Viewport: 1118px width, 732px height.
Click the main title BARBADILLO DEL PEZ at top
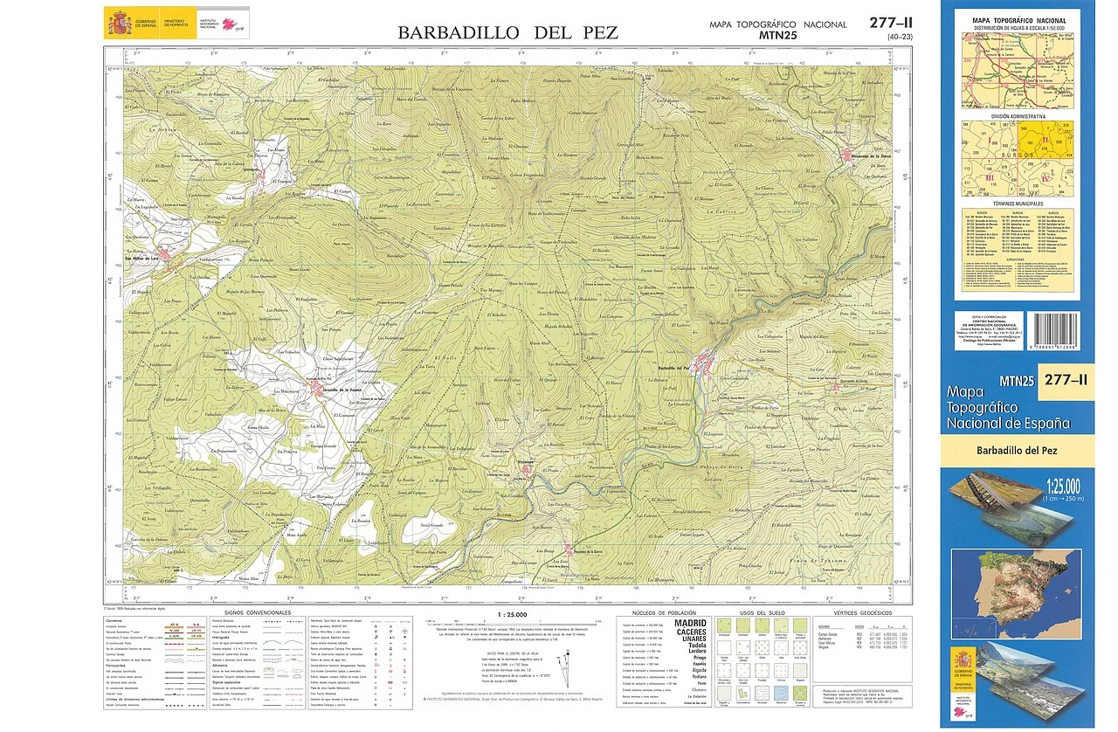[507, 33]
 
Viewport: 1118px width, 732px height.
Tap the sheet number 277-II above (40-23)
[892, 24]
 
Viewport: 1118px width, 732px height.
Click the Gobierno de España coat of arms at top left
[118, 23]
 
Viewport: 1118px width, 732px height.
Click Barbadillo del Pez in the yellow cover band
[1018, 450]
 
